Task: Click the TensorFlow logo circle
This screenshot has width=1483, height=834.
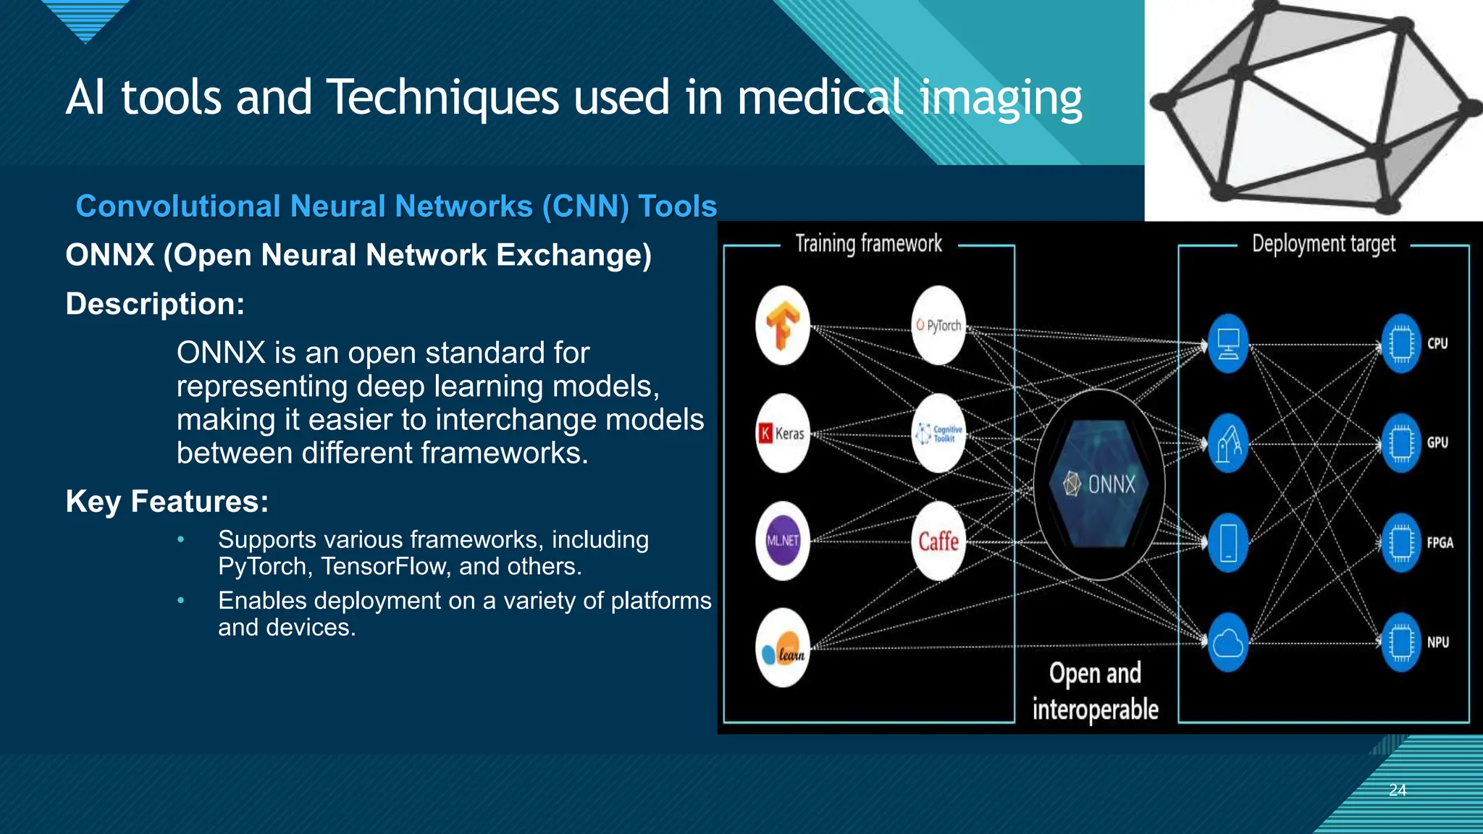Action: point(782,325)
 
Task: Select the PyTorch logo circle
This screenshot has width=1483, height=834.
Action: point(938,325)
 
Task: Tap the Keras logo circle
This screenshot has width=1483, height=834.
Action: point(782,433)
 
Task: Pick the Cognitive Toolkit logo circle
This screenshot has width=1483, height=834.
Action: point(938,433)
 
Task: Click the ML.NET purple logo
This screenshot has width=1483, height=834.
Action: point(782,540)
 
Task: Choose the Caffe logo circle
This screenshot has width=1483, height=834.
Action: point(938,540)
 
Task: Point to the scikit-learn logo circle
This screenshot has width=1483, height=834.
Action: point(782,648)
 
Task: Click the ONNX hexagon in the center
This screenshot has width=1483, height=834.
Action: point(1099,484)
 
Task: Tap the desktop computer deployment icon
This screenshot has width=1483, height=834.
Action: point(1228,343)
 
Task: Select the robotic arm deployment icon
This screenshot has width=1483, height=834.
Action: point(1228,442)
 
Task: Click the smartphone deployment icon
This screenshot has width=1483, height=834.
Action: point(1228,542)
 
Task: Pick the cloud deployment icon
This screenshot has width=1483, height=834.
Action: point(1228,642)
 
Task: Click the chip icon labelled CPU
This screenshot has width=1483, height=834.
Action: point(1401,343)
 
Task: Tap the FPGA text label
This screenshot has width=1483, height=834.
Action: point(1440,542)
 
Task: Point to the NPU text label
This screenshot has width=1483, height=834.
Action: point(1438,642)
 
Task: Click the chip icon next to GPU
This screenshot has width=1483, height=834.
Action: point(1401,442)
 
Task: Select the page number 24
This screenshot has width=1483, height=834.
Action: point(1398,790)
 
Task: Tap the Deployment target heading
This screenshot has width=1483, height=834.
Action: point(1324,244)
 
